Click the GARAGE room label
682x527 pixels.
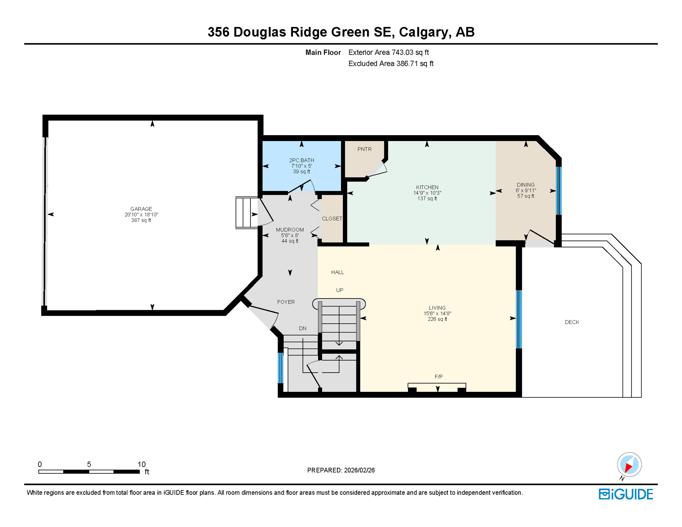tap(141, 209)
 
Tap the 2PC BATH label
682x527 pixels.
tap(302, 160)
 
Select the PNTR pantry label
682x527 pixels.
tap(364, 149)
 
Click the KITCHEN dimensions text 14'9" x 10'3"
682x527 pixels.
tap(427, 193)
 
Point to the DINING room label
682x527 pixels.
tap(526, 185)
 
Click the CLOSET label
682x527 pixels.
tap(332, 219)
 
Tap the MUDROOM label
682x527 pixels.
tap(290, 230)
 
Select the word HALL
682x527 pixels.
tap(337, 272)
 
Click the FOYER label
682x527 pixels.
tap(286, 302)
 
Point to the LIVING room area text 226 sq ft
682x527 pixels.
tap(437, 319)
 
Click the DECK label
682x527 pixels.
tap(572, 322)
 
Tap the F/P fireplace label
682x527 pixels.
tap(438, 377)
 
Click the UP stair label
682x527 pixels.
tap(340, 290)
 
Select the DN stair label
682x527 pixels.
tap(302, 328)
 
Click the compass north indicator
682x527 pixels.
tap(629, 465)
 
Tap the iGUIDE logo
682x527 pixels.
tap(626, 494)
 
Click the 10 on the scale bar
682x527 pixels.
tap(141, 464)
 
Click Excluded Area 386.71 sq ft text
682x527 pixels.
tap(391, 63)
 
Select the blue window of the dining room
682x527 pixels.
tap(558, 190)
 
